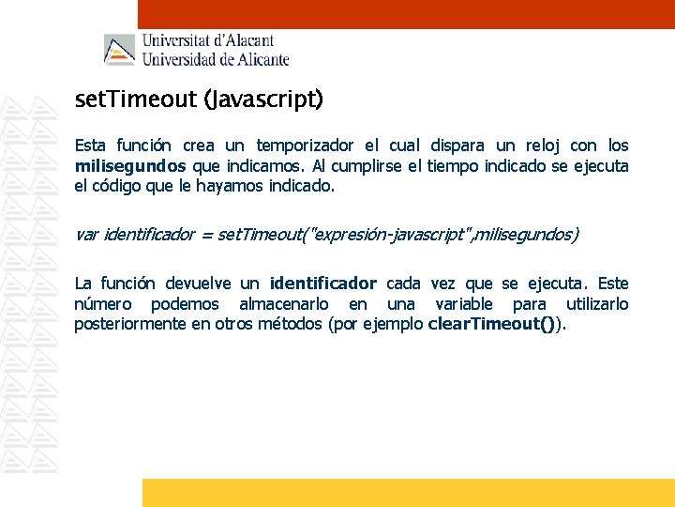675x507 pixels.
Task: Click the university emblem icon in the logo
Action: (x=119, y=50)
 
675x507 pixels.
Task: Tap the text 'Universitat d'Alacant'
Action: (x=207, y=40)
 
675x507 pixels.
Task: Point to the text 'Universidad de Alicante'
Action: (x=215, y=59)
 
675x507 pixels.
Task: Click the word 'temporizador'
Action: (x=305, y=146)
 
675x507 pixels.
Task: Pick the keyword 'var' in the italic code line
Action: (x=86, y=234)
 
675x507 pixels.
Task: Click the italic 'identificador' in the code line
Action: (x=149, y=234)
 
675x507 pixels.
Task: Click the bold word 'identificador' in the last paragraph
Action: (x=322, y=284)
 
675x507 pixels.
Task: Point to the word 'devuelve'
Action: (x=202, y=284)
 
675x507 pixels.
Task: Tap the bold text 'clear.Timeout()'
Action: (x=494, y=324)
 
